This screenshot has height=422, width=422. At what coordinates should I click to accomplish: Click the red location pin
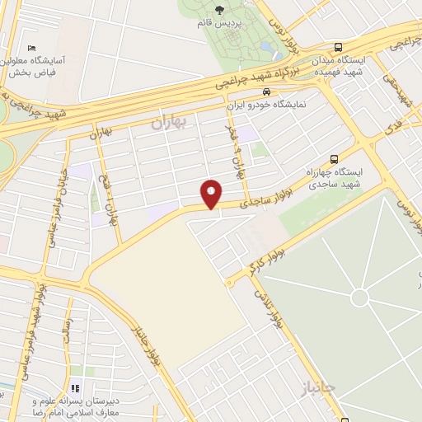[212, 194]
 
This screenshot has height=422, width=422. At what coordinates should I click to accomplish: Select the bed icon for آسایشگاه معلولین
[32, 49]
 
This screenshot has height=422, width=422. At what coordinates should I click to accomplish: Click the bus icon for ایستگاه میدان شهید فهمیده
[339, 48]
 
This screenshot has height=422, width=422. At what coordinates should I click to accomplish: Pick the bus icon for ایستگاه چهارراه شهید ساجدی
[334, 158]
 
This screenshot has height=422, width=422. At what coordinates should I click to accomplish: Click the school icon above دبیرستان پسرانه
[75, 387]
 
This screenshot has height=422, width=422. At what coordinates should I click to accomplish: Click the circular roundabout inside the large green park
[359, 298]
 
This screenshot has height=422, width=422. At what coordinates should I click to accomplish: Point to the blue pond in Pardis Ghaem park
[268, 41]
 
